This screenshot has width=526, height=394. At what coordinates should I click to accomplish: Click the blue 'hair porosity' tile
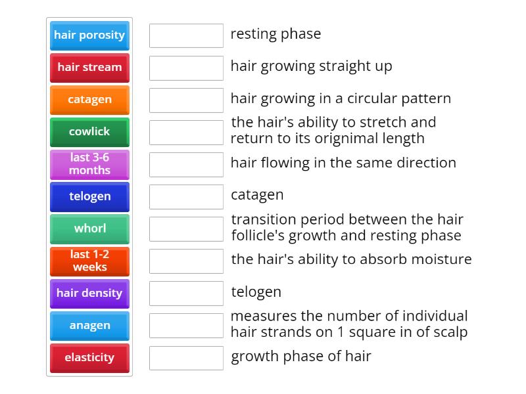tap(89, 35)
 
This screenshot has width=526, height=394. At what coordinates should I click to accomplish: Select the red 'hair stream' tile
tap(89, 68)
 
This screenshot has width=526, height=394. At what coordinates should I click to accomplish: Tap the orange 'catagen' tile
tap(89, 100)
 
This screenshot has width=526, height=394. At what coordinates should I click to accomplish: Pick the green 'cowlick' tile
tap(89, 132)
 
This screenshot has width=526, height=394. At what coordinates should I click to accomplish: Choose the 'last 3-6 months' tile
tap(89, 164)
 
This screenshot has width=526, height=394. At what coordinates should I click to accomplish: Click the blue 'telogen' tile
tap(89, 196)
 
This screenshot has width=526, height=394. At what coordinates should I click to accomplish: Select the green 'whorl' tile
tap(89, 229)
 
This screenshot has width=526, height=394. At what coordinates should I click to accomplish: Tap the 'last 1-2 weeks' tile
tap(89, 261)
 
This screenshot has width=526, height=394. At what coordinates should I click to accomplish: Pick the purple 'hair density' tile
tap(89, 293)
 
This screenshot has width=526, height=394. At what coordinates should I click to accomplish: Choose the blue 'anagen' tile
tap(89, 325)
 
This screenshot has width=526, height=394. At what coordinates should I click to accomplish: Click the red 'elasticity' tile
tap(89, 358)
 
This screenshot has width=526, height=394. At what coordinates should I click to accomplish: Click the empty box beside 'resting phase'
tap(186, 35)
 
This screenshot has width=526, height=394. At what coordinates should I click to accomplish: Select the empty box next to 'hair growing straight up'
tap(186, 68)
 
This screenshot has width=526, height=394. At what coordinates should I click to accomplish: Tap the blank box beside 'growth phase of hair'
tap(186, 358)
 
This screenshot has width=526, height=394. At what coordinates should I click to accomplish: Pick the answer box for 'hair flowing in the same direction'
tap(186, 164)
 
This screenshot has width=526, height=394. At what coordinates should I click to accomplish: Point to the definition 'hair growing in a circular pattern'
tap(341, 98)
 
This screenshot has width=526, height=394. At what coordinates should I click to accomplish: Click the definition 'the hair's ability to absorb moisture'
tap(351, 259)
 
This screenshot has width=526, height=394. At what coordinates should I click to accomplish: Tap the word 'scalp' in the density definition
tap(450, 332)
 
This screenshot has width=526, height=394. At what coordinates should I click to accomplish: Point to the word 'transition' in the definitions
tap(260, 220)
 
